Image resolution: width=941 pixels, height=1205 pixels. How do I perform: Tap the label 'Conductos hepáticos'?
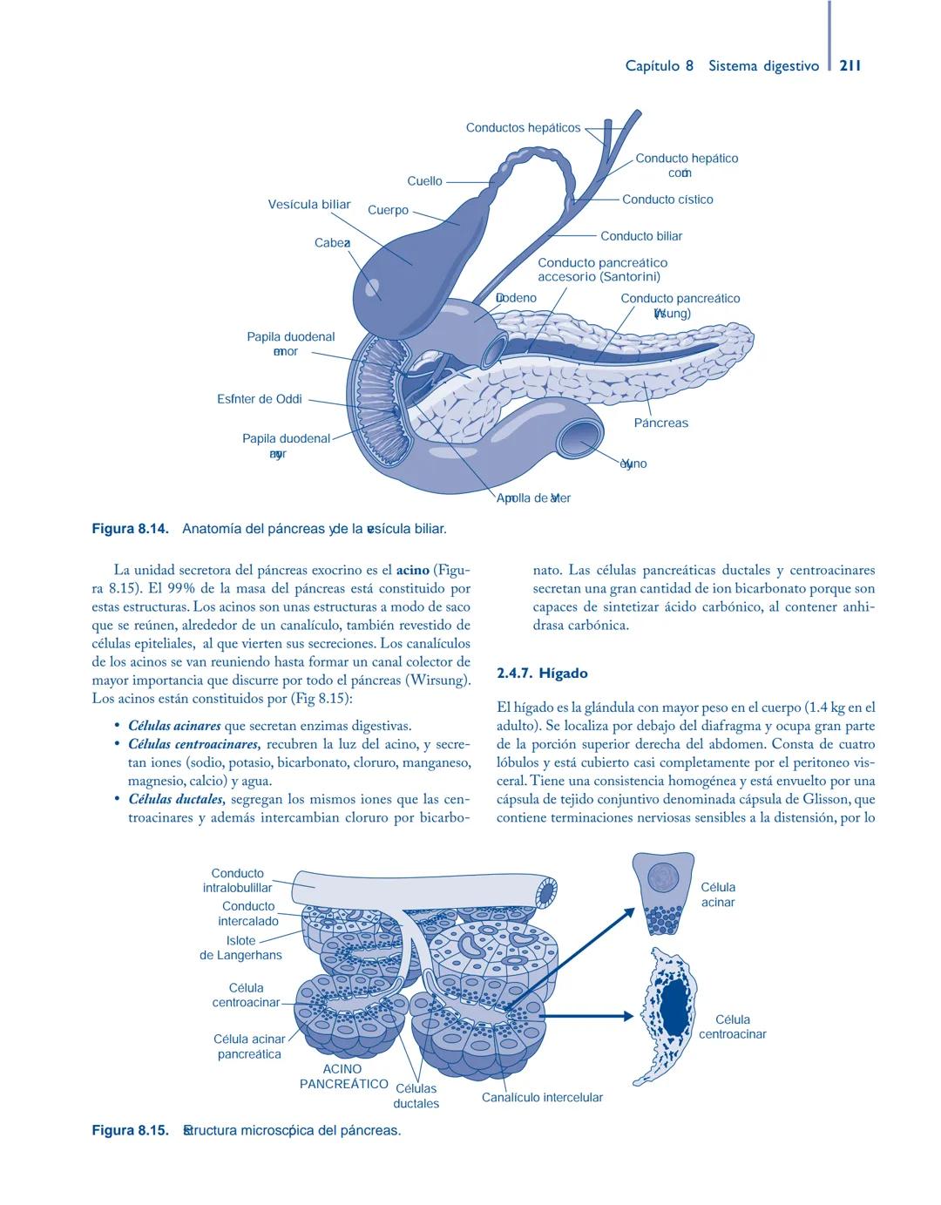[x=523, y=128]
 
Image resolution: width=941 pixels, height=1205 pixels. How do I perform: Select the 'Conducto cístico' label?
[x=667, y=200]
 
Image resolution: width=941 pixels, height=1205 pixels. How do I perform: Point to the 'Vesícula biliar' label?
[x=308, y=205]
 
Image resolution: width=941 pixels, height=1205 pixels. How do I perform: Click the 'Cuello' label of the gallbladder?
[x=424, y=181]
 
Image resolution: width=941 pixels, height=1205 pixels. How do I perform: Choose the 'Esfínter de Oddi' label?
[x=260, y=399]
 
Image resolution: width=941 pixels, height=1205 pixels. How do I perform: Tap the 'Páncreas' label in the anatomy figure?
[x=660, y=423]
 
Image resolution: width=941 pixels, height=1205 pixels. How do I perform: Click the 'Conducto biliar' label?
[x=641, y=236]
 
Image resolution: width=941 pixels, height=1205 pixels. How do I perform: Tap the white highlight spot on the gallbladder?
[x=373, y=287]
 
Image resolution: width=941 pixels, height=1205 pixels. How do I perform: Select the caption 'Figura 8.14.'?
[x=130, y=529]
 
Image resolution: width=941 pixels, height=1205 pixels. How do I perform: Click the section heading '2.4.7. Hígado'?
[x=542, y=674]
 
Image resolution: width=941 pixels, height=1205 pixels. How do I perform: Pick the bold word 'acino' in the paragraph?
[x=412, y=571]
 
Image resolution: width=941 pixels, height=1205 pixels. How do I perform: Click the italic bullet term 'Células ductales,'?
[x=177, y=799]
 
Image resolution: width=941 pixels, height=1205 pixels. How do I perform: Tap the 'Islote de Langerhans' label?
[x=241, y=948]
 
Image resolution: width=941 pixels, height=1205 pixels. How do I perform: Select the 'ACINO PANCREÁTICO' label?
[x=343, y=1076]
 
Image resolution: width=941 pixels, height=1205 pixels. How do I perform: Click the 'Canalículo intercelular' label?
[x=542, y=1097]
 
